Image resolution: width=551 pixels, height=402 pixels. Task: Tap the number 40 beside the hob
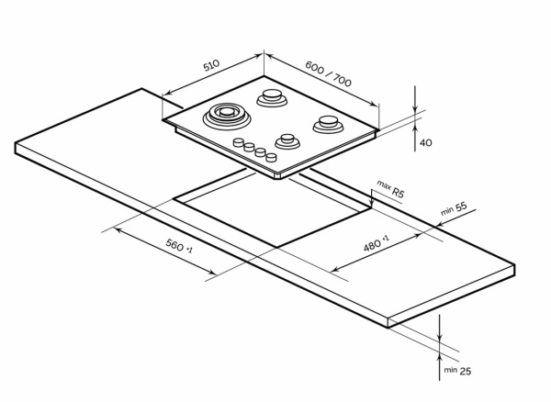click(425, 142)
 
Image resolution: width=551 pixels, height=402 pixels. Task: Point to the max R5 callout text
click(390, 190)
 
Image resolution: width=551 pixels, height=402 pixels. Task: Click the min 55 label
click(455, 209)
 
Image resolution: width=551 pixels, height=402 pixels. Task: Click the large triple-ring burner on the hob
click(225, 116)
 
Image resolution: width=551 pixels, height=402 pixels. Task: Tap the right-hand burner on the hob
click(327, 122)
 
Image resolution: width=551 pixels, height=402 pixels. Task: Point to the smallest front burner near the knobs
click(287, 140)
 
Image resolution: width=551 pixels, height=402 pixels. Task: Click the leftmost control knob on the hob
click(239, 142)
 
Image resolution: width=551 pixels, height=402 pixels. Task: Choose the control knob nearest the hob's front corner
click(272, 158)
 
